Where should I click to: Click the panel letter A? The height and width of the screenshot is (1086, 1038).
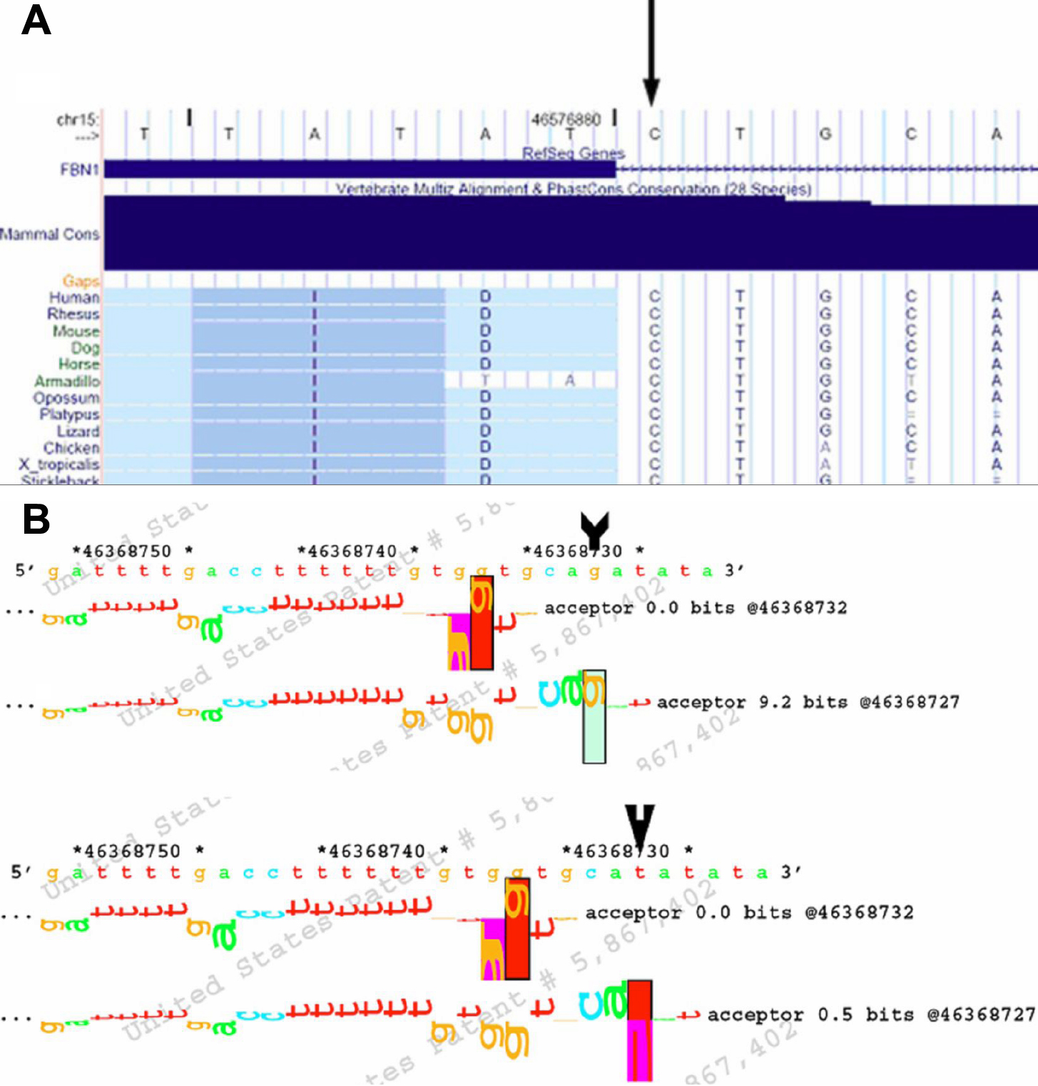coord(36,20)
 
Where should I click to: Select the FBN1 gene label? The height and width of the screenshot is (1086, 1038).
coord(79,170)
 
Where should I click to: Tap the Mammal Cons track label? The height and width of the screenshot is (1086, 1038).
coord(50,234)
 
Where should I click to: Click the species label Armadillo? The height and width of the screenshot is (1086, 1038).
coord(67,381)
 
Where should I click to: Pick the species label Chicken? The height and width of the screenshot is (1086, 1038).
coord(71,448)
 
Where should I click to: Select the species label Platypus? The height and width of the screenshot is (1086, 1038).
coord(69,415)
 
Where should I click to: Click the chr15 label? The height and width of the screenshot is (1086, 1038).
coord(78,120)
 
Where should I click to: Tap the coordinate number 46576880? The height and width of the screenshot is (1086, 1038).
coord(566,119)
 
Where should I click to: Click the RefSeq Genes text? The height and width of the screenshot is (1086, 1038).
coord(574,153)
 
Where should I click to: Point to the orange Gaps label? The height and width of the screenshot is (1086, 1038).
coord(81,281)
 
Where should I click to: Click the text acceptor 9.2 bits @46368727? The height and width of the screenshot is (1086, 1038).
coord(808,703)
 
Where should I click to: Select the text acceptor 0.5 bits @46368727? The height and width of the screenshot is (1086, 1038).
coord(870,1015)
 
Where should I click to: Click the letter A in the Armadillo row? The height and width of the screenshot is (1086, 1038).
coord(569,381)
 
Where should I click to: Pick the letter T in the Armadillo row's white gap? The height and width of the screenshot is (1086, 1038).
coord(485,381)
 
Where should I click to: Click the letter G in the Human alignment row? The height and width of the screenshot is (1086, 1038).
coord(825,297)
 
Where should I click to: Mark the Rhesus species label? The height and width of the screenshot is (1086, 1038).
coord(73,314)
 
